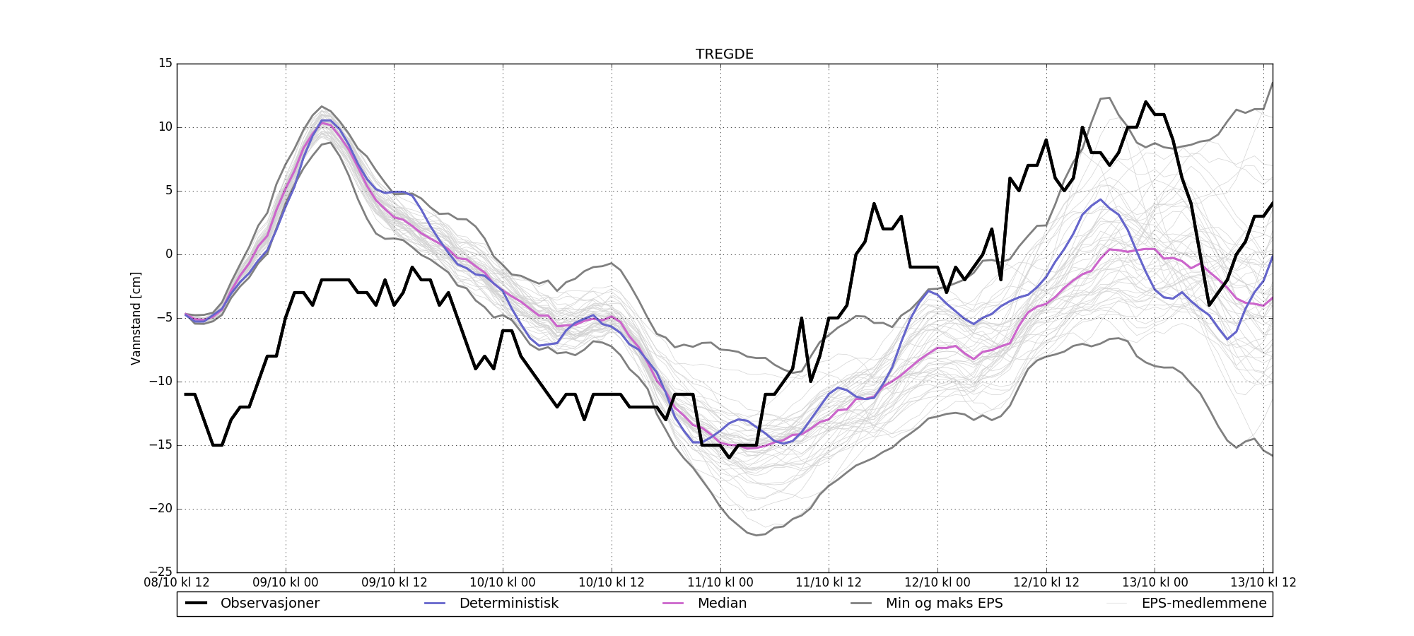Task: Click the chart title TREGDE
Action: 724,54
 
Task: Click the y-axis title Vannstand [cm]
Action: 136,318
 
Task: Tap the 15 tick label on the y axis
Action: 165,64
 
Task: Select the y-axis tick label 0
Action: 168,254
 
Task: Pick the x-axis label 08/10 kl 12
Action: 177,583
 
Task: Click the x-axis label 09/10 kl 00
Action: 286,583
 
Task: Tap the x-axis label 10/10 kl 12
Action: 612,583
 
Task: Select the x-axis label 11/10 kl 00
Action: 720,583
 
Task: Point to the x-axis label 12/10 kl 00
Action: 937,583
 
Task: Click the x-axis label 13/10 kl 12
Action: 1263,583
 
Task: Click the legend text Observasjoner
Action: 269,603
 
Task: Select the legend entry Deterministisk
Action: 508,603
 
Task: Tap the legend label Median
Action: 722,603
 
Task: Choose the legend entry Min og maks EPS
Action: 944,603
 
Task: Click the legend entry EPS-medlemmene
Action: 1204,603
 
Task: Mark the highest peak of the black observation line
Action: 1146,102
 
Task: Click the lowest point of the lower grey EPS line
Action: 756,535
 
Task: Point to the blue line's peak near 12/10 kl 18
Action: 1101,199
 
